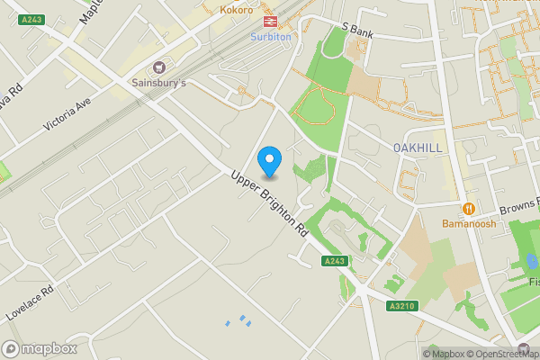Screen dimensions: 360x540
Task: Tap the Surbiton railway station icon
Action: pos(269,21)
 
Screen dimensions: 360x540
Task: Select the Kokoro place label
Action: pos(237,10)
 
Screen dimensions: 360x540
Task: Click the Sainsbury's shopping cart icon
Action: pos(160,67)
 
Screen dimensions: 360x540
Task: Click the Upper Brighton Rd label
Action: pos(269,203)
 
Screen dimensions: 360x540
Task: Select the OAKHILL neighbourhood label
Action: pos(418,147)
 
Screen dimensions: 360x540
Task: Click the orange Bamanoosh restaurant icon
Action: pos(468,208)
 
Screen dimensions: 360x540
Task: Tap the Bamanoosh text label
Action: pos(468,224)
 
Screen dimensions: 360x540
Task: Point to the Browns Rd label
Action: pos(517,206)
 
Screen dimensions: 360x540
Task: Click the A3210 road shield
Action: pos(405,306)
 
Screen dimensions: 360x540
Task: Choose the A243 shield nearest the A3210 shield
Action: pos(334,261)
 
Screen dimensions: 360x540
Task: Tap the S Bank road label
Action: pos(356,31)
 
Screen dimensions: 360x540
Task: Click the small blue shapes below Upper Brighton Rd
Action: pos(237,321)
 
